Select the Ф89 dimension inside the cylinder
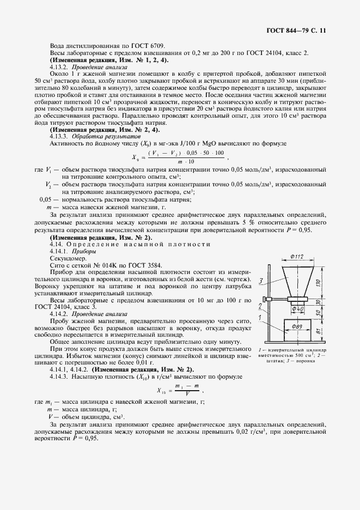tap(296, 326)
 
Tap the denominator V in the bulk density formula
tap(187, 394)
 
